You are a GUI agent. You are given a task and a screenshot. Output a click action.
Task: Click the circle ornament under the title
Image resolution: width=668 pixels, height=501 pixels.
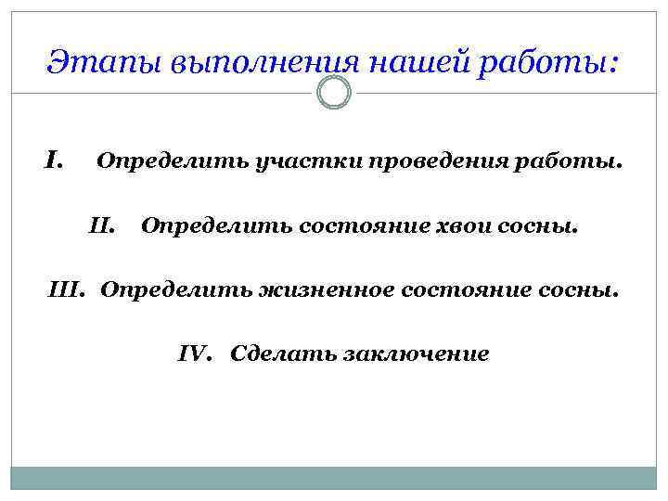point(334,93)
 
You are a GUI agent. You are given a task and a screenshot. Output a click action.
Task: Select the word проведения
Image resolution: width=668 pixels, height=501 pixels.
point(449,162)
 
